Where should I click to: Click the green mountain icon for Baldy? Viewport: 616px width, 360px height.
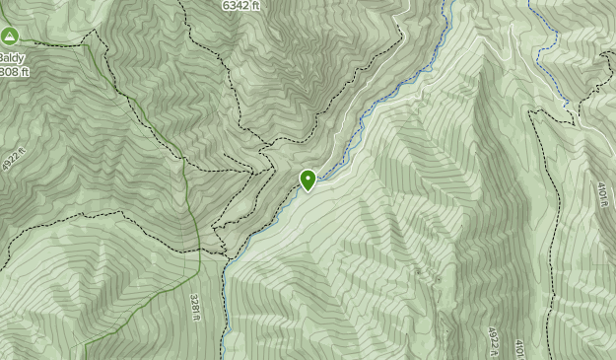point(10,37)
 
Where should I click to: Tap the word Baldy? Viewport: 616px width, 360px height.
point(10,57)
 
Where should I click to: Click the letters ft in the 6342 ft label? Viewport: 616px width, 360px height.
point(254,5)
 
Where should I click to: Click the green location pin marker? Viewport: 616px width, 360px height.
point(308,180)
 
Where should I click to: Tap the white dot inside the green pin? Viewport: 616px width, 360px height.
point(308,178)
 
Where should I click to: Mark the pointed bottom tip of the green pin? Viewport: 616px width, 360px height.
point(308,190)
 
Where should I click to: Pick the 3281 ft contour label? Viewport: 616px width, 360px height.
point(195,307)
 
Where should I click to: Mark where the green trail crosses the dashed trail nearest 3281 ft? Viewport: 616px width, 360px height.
point(200,251)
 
